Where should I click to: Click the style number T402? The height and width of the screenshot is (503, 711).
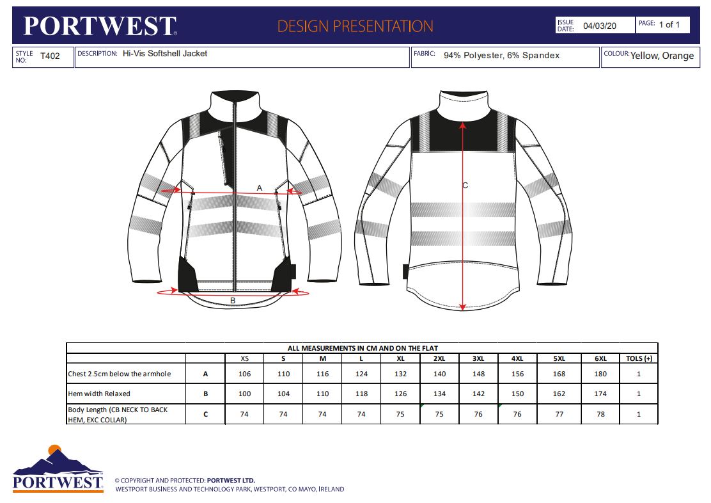[50, 56]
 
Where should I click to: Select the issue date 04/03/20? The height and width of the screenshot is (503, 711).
[600, 26]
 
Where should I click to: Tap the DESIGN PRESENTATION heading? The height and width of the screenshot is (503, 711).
[355, 26]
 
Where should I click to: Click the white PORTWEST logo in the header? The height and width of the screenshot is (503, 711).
[100, 26]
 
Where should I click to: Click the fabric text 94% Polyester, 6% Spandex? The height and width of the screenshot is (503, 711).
[501, 56]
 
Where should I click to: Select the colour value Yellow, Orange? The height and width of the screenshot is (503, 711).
[662, 56]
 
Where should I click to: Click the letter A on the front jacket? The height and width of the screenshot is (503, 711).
[260, 188]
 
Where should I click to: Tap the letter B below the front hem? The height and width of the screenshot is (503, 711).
[233, 301]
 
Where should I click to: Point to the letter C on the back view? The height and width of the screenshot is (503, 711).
[465, 185]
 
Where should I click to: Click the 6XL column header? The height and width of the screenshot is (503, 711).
[600, 358]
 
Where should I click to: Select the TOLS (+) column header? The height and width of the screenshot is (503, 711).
[639, 358]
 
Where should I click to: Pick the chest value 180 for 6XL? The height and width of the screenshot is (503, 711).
[600, 374]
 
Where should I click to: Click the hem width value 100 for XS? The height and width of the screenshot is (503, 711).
[244, 394]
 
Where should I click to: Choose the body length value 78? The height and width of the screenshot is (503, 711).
[600, 414]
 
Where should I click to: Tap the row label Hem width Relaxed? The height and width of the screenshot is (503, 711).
[99, 394]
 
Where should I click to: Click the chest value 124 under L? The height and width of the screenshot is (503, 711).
[361, 374]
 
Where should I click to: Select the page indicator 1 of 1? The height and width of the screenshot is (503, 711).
[669, 24]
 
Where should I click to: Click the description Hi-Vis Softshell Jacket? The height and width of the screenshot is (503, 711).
[165, 54]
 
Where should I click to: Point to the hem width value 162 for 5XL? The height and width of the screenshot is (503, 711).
[559, 394]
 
